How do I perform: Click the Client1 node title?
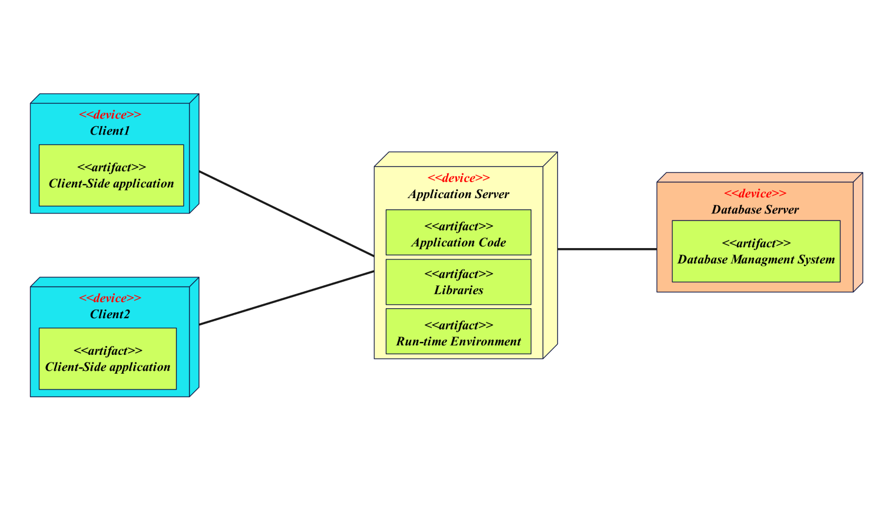tap(110, 131)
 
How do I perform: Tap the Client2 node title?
tap(110, 314)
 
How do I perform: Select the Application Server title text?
tap(458, 195)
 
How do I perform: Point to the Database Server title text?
tap(755, 210)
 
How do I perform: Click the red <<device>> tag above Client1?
tap(110, 115)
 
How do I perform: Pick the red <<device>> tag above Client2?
tap(110, 298)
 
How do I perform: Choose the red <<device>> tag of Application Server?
tap(458, 178)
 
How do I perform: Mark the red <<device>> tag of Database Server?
tap(755, 194)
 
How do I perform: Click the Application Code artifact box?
tap(458, 233)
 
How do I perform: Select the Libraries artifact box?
tap(458, 282)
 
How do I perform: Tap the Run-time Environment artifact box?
tap(458, 332)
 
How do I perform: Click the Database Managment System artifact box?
tap(756, 252)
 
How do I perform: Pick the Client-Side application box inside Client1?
tap(111, 176)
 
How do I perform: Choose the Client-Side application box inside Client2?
tap(108, 359)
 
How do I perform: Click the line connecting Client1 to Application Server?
tap(287, 214)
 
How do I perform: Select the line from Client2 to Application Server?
tap(287, 298)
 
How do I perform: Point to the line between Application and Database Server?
tap(607, 249)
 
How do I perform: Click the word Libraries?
tap(458, 291)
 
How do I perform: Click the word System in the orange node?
tap(816, 260)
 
